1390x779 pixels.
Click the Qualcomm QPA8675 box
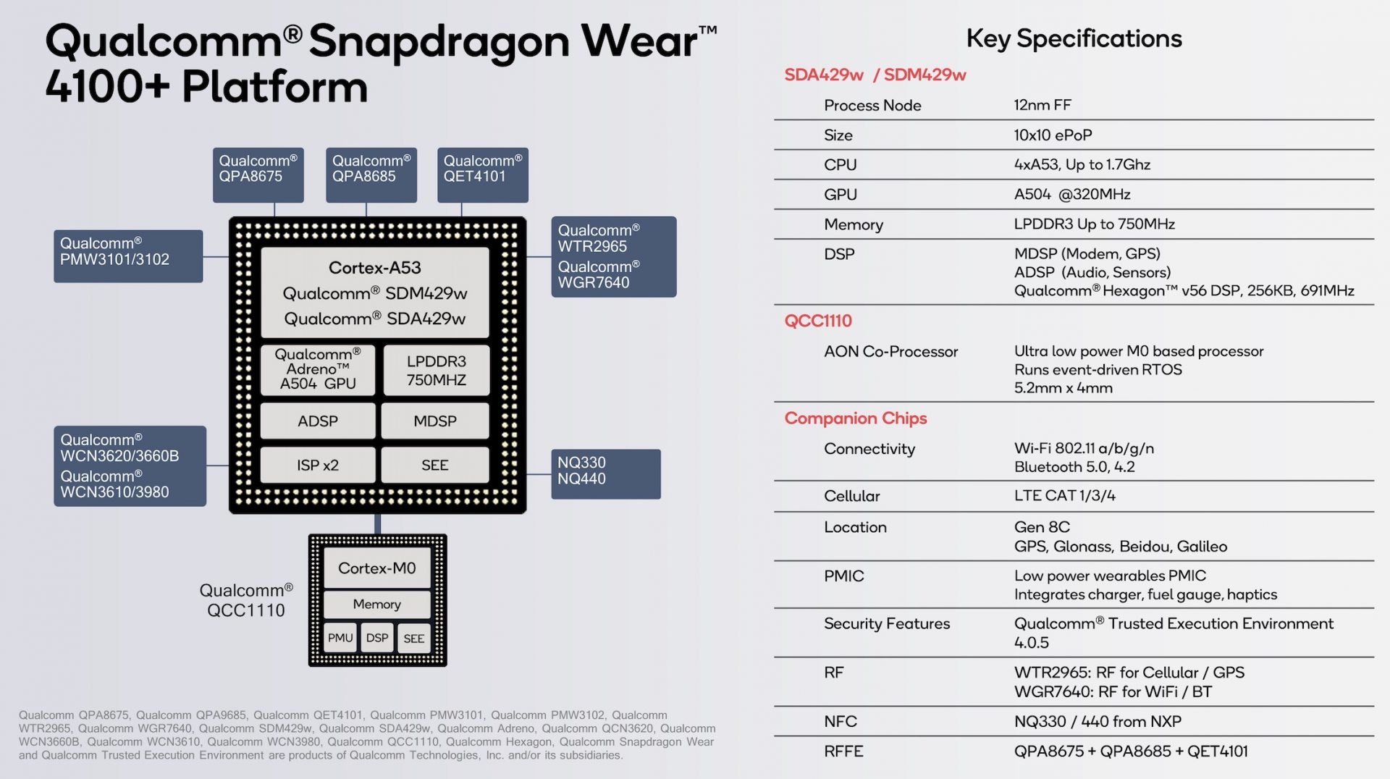(x=258, y=174)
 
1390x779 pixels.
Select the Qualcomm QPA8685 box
(x=371, y=174)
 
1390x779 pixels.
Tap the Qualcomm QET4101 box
(x=482, y=174)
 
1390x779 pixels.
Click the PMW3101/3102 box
(x=127, y=256)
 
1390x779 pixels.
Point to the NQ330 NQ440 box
(x=605, y=473)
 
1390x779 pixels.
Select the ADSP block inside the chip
(x=317, y=421)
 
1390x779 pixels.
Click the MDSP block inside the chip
(x=434, y=421)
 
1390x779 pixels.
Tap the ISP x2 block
(x=317, y=465)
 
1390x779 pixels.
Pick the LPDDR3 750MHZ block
(x=436, y=370)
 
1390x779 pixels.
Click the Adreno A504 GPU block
(x=318, y=370)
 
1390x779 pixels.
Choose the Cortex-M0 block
(x=376, y=568)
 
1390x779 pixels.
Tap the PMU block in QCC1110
(x=340, y=638)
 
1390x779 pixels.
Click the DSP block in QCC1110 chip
(x=376, y=638)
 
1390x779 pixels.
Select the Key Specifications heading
(x=1074, y=38)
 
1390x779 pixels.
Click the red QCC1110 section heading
(x=818, y=321)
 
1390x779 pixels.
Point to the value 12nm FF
(x=1042, y=105)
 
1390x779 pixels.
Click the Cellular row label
(x=851, y=496)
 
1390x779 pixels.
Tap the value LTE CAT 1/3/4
(x=1064, y=496)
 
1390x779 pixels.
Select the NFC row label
(x=840, y=721)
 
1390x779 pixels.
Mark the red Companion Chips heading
(x=855, y=418)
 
